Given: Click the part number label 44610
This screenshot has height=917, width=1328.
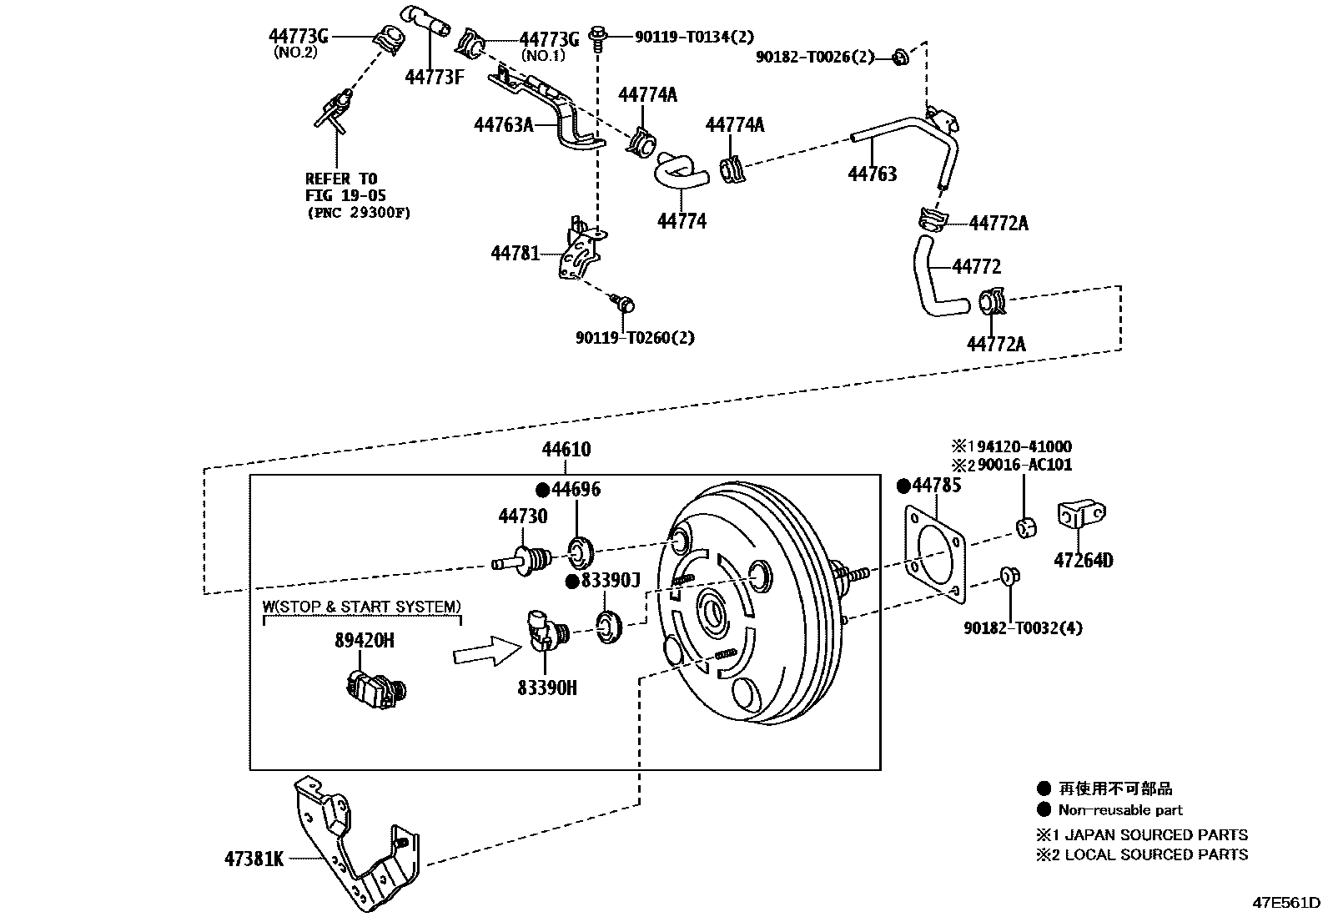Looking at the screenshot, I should pos(566,450).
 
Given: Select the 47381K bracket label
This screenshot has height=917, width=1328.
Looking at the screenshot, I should pos(254,858).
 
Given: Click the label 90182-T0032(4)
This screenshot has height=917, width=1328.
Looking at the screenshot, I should pos(1023,627).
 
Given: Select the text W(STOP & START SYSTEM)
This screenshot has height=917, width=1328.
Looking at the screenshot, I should pos(361,607).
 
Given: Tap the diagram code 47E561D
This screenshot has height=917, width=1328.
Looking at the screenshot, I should pos(1285,904).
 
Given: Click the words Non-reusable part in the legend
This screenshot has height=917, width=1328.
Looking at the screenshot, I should pos(1119,810).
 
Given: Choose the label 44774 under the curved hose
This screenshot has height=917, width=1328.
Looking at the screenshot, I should pos(681,221).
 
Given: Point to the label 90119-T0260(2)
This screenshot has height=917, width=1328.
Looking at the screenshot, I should pos(635,338).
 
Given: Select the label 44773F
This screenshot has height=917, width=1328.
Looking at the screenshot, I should pos(434,77).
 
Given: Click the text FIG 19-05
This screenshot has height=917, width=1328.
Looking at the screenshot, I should pos(340,195).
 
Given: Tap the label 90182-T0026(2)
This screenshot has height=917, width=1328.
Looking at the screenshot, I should pos(815,57).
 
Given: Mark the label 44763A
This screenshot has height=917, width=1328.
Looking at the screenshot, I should pos(503,125).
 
